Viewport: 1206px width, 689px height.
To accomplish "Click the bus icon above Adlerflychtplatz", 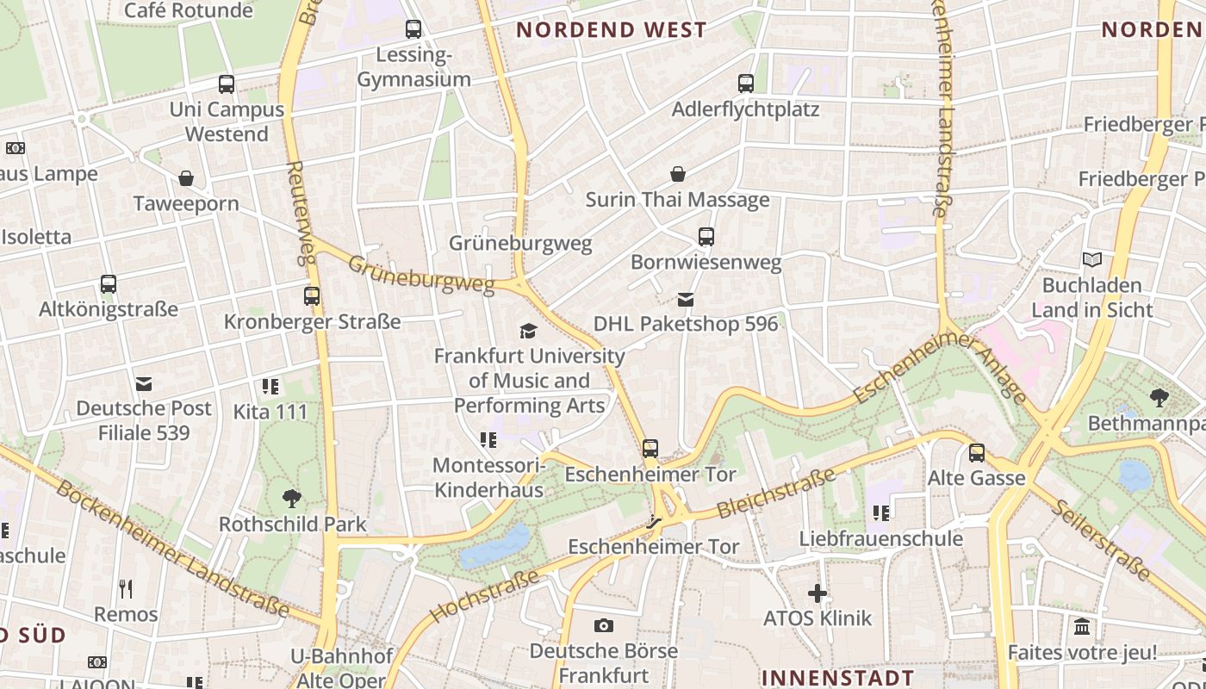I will tap(746, 84).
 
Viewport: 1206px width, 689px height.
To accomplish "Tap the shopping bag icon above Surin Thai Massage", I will tap(679, 175).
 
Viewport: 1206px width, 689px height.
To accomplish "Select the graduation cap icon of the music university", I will tap(528, 331).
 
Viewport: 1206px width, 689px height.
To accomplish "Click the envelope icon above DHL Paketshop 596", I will tap(686, 300).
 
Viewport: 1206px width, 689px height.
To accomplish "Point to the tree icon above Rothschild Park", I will tap(292, 498).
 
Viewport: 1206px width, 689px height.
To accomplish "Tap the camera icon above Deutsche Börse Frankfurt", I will tap(604, 625).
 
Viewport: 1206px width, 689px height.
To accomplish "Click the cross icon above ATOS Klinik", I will tap(817, 593).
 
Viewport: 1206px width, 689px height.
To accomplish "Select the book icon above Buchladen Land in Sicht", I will tap(1091, 259).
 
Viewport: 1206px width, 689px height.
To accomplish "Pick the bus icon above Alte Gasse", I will tap(976, 452).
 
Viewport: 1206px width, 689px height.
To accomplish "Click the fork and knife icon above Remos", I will tap(126, 589).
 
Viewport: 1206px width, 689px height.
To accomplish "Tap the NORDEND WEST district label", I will tap(611, 30).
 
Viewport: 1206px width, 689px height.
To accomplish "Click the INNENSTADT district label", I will tap(837, 677).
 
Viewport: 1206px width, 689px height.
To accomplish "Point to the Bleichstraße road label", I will tap(776, 493).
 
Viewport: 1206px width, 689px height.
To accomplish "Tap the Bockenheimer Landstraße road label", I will tap(172, 549).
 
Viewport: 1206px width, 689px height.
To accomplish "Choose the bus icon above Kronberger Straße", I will tap(312, 296).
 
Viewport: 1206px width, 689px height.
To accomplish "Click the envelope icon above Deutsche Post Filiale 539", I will tap(143, 383).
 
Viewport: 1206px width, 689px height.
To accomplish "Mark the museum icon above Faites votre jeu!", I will tap(1082, 627).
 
